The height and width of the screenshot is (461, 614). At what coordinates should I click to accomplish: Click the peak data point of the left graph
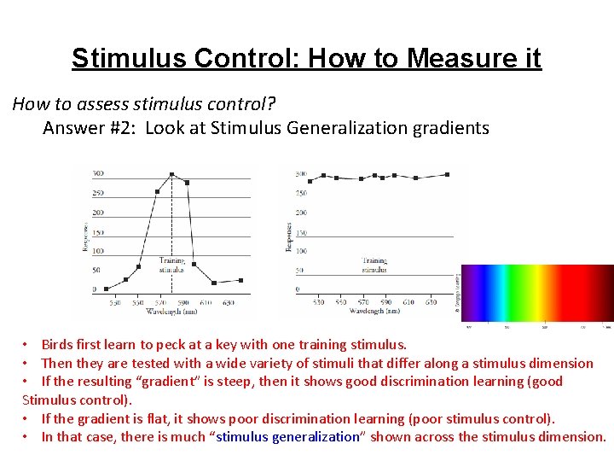tap(171, 174)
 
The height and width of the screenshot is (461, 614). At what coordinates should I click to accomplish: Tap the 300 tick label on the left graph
tap(98, 174)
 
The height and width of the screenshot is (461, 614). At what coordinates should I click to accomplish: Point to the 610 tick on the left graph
tap(207, 302)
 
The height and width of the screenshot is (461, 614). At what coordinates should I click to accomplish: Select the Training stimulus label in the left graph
tap(171, 265)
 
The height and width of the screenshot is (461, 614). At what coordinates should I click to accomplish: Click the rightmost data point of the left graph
tap(240, 280)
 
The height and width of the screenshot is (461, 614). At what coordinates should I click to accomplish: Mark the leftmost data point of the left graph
tap(106, 289)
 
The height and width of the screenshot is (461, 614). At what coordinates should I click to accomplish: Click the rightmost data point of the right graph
tap(446, 174)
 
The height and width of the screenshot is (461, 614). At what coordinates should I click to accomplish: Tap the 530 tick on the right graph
tap(318, 301)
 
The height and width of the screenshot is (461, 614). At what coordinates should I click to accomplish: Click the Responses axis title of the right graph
tap(288, 237)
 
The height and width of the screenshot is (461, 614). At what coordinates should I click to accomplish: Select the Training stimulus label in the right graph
tap(374, 265)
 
